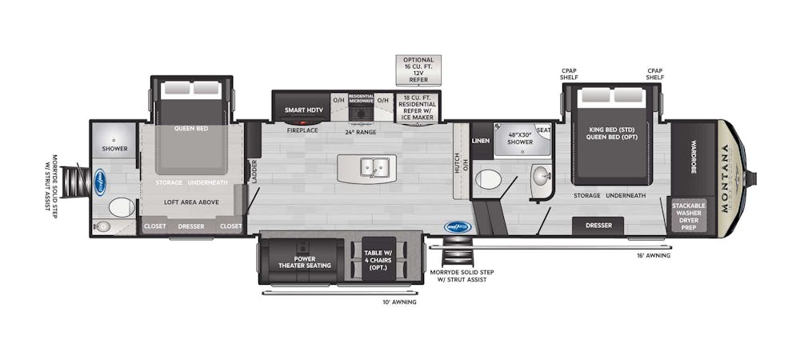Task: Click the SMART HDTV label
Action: point(303,110)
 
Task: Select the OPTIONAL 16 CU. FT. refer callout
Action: point(418,70)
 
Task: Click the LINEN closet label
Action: point(481,141)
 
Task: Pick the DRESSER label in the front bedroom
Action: point(598,226)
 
